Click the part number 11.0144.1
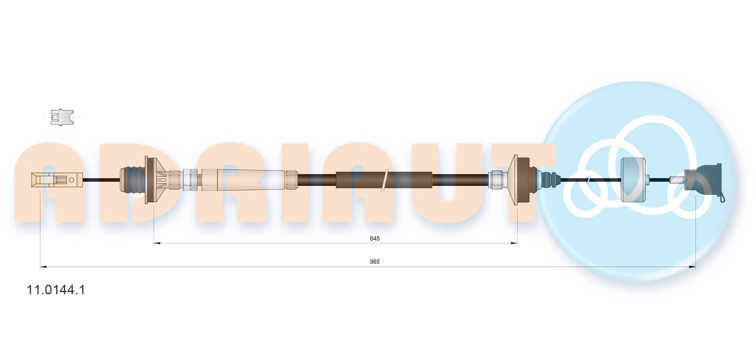(x=56, y=290)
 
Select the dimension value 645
(x=374, y=238)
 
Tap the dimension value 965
(x=374, y=262)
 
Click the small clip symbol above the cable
(x=62, y=117)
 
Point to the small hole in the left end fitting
(x=71, y=180)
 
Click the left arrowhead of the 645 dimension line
(x=157, y=243)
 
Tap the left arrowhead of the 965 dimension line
(x=43, y=267)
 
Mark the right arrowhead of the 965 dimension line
(x=692, y=267)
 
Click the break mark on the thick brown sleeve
(x=385, y=180)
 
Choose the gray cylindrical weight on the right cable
(x=633, y=180)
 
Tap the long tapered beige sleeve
(x=251, y=180)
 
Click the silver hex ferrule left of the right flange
(x=495, y=180)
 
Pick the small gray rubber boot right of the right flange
(x=549, y=180)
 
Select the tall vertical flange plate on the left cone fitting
(x=146, y=180)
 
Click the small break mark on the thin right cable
(x=588, y=180)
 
